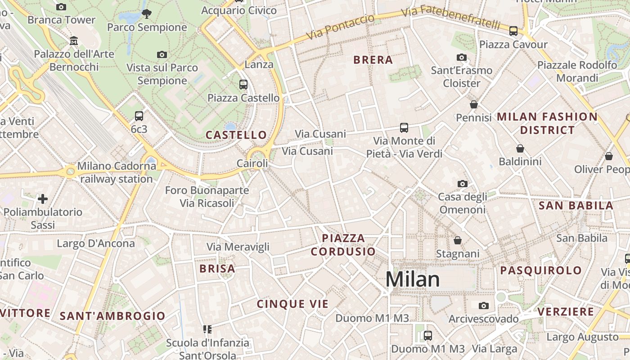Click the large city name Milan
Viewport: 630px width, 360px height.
412,279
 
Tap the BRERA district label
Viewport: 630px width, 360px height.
373,60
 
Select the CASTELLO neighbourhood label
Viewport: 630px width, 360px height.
236,135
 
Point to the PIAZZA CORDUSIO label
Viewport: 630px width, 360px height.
343,245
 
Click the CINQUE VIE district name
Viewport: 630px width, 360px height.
293,304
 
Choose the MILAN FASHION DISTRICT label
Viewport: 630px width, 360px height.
547,123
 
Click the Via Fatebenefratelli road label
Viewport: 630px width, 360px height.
450,17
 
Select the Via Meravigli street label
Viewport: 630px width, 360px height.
238,247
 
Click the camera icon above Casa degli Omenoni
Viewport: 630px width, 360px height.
462,184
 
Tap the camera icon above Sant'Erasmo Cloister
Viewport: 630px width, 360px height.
461,57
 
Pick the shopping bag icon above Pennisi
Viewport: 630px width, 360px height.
473,104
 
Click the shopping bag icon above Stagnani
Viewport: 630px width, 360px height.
457,240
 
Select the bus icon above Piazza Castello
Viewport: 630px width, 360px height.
243,84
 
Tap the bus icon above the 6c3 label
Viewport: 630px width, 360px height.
139,116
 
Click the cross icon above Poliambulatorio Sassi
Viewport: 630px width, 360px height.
43,198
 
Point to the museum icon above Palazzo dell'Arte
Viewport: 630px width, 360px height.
74,41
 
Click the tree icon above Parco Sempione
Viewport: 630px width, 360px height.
147,14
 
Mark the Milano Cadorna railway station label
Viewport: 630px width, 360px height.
117,172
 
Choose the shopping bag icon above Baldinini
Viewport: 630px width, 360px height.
520,148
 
